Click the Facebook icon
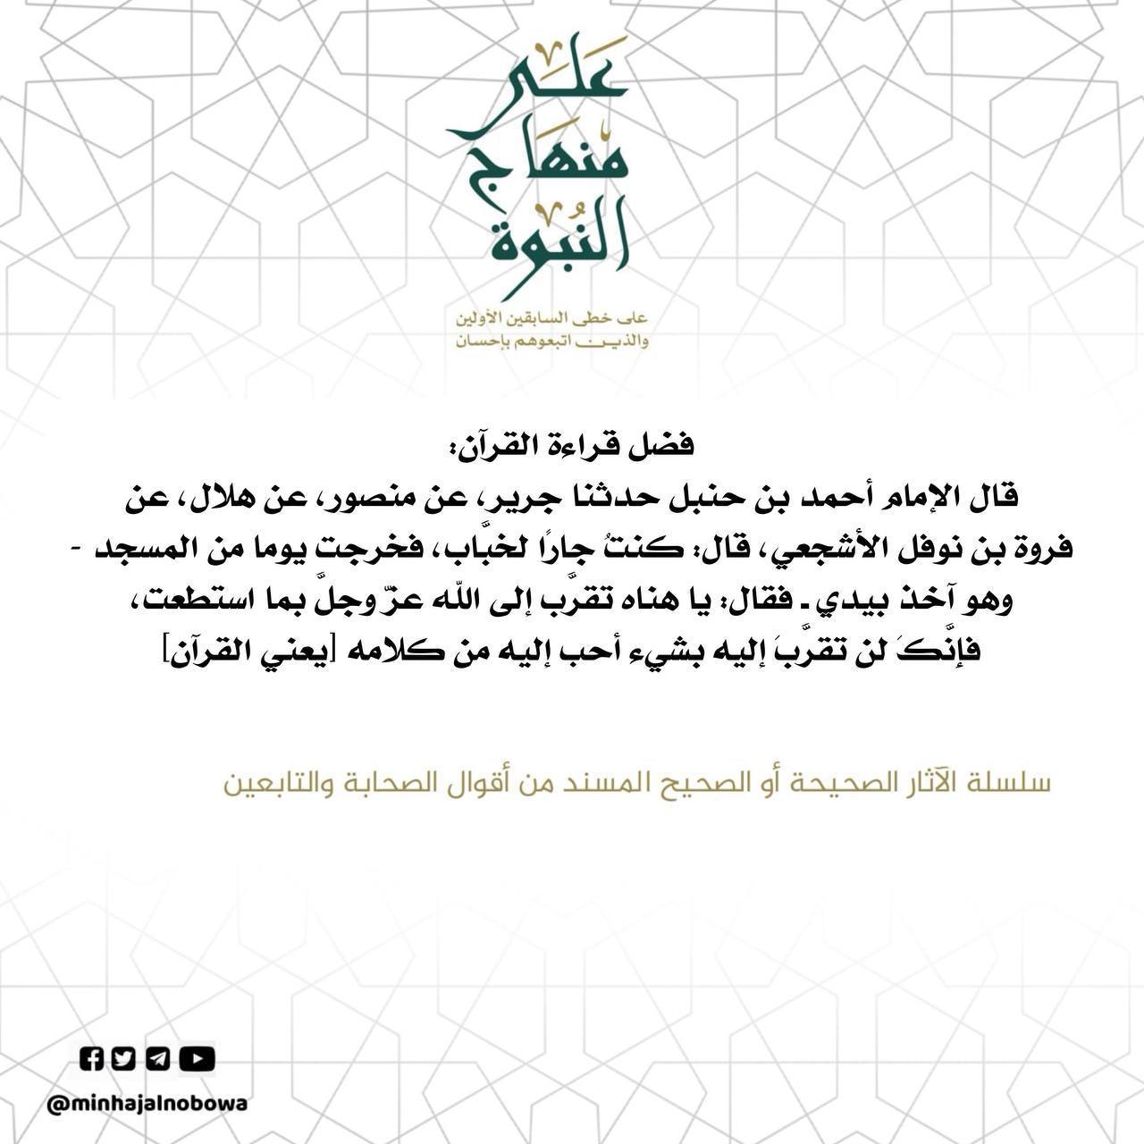point(92,1059)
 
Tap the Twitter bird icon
point(124,1059)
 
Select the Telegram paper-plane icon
point(157,1059)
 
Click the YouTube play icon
point(198,1059)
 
